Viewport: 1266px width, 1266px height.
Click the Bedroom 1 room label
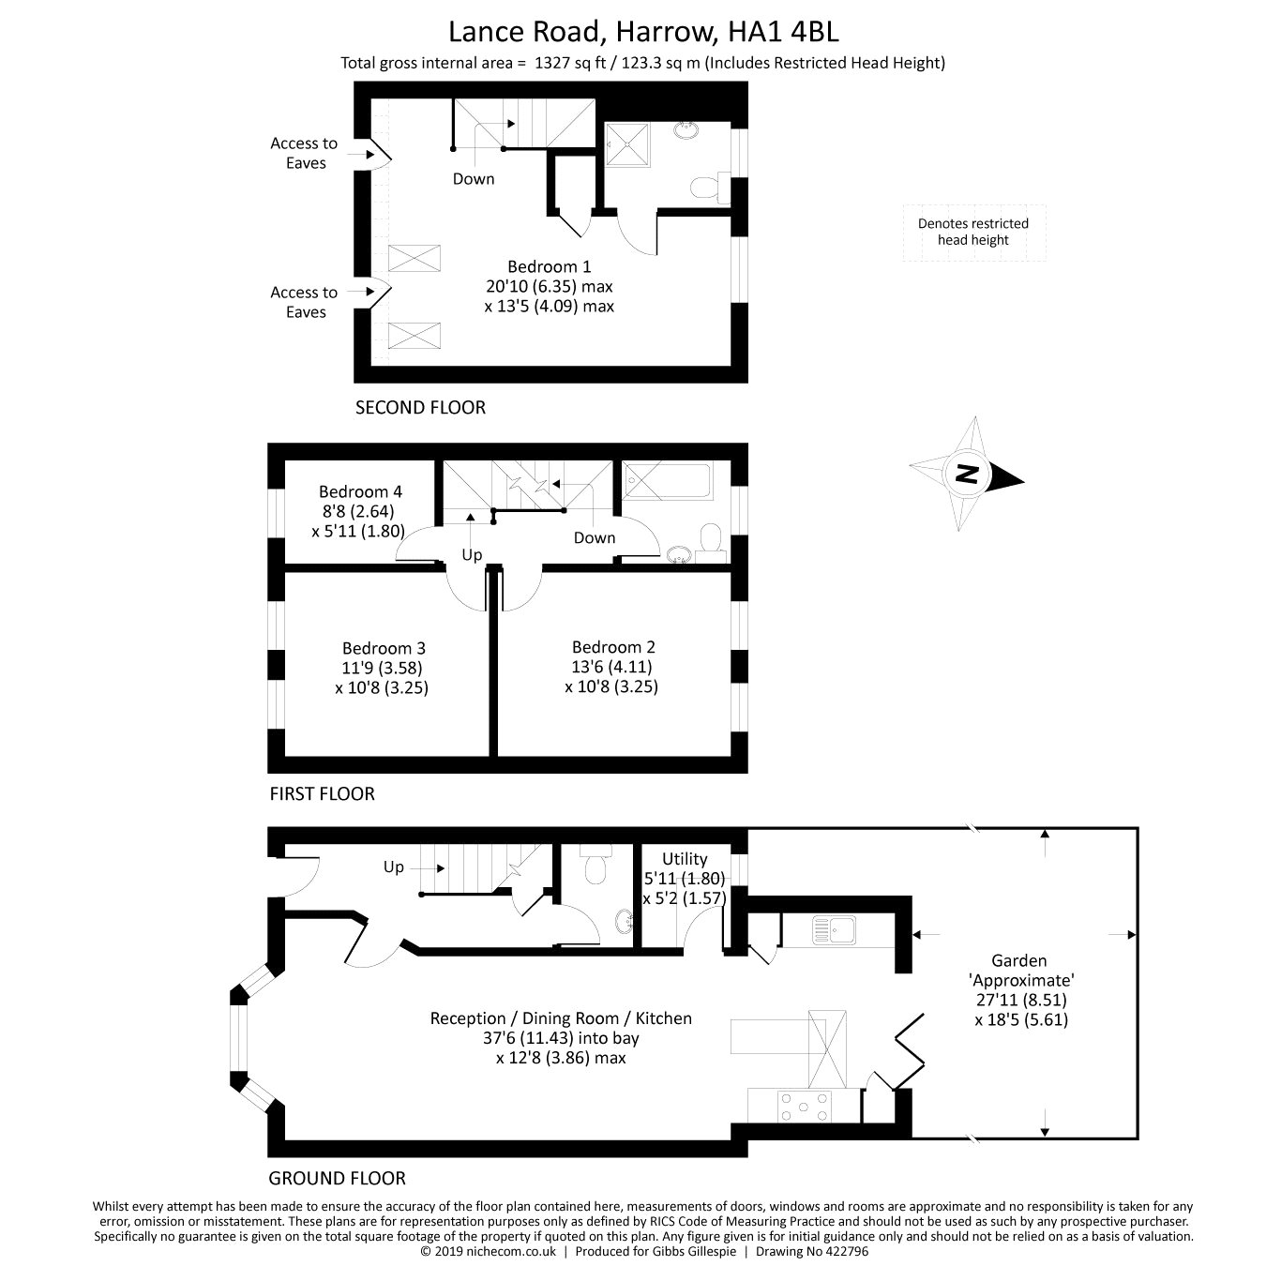point(549,266)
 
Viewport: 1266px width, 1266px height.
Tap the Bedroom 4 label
point(360,491)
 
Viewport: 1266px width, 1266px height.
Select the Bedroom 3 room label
point(384,648)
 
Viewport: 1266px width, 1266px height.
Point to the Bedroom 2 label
point(613,647)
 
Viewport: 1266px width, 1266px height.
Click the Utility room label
point(685,858)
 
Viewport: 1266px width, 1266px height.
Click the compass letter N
point(967,475)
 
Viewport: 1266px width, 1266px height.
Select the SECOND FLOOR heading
point(420,407)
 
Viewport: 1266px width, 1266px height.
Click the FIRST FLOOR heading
point(322,793)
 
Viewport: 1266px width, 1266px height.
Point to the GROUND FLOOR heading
point(338,1178)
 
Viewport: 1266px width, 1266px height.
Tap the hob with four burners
point(805,1104)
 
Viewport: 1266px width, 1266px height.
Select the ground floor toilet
point(595,870)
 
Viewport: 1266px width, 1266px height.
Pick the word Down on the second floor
point(474,178)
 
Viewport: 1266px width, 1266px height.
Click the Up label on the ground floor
point(394,867)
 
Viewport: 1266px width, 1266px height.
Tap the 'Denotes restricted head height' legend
point(973,232)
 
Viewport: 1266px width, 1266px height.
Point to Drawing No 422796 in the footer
point(812,1251)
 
